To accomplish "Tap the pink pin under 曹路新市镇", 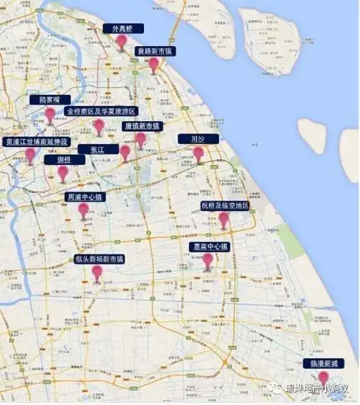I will coord(153,64).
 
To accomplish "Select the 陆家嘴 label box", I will coord(50,99).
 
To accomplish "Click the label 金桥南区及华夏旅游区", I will coord(99,112).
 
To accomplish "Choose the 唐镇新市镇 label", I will coord(143,125).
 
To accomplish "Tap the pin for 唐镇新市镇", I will coord(140,138).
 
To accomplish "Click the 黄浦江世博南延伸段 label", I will coord(36,142).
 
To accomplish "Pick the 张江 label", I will coord(97,149).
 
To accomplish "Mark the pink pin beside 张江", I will coord(125,151).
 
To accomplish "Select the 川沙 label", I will coord(197,138).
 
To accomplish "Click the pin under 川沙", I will coord(198,153).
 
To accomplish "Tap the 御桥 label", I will coord(63,160).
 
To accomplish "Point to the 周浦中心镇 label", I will coord(85,197).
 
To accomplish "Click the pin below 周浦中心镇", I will coord(84,210).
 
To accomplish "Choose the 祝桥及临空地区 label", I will coord(225,206).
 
